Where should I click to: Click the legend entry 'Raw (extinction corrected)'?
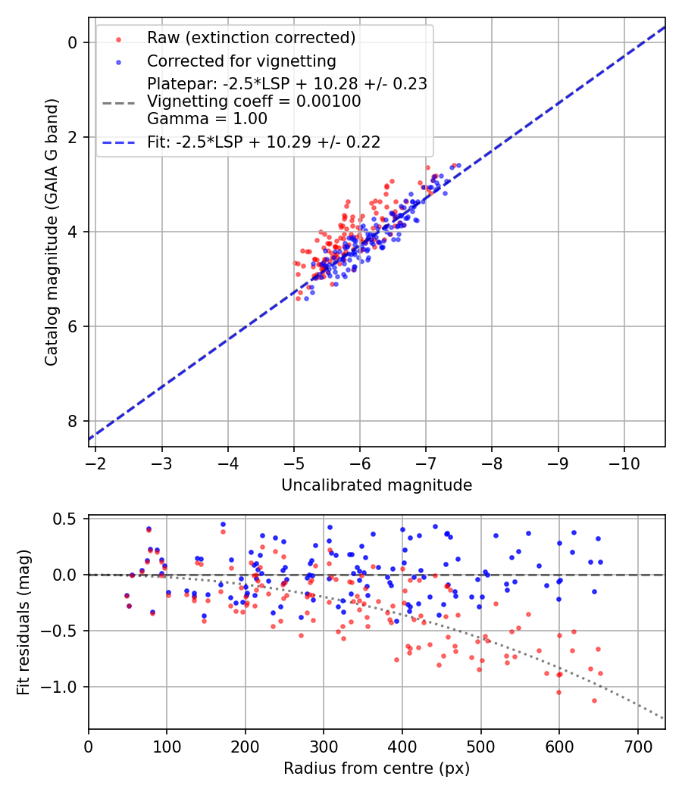(x=251, y=38)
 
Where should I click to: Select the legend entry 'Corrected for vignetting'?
(x=241, y=61)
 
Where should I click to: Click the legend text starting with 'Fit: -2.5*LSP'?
(x=264, y=142)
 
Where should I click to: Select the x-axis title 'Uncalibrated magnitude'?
(x=377, y=485)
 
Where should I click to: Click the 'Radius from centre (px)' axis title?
(x=377, y=768)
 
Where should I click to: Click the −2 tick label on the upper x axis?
(x=95, y=462)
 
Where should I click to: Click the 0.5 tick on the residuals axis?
(x=67, y=519)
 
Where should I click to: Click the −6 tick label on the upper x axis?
(x=360, y=462)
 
